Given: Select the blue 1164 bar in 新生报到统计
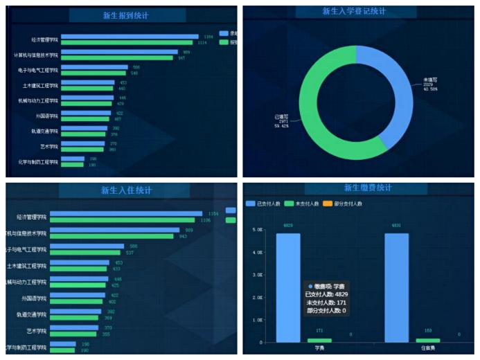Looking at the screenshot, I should (130, 36).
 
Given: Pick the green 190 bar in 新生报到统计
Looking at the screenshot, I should (72, 165).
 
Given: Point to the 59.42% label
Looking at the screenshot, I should (281, 126).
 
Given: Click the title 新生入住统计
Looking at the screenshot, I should (126, 190).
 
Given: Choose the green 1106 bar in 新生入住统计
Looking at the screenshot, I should (122, 220).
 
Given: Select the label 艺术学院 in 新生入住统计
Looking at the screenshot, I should (35, 331).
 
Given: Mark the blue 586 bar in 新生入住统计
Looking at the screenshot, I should (87, 246).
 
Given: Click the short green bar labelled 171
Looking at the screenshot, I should (319, 340).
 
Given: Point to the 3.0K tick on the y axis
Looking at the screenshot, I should (258, 275).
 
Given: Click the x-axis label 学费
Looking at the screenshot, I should (319, 348).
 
